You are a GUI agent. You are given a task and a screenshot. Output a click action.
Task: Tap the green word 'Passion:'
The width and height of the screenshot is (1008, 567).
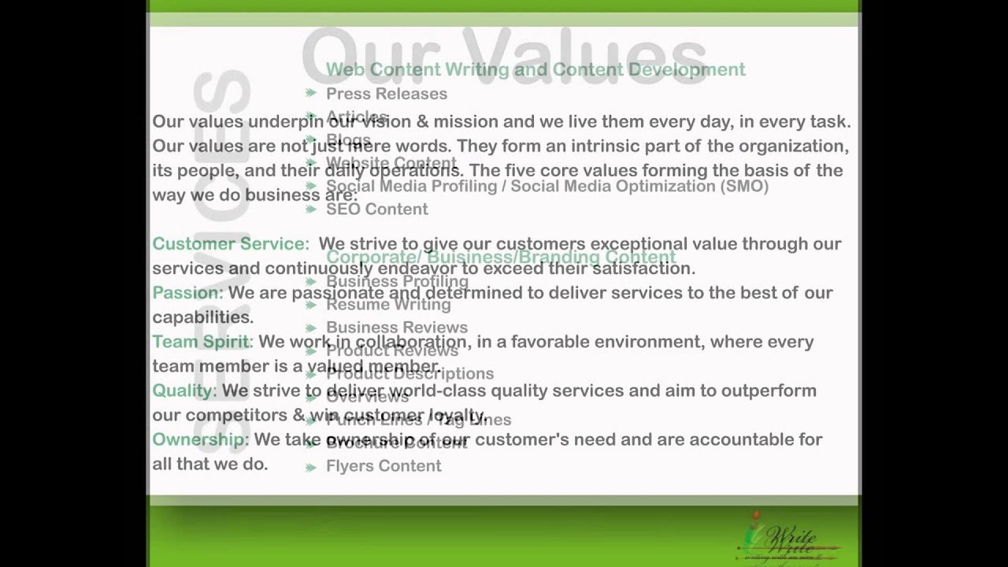point(187,293)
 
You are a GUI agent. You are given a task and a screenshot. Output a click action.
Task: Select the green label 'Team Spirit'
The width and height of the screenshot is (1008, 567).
point(200,342)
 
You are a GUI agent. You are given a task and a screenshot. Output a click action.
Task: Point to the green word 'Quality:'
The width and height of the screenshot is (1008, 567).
point(183,391)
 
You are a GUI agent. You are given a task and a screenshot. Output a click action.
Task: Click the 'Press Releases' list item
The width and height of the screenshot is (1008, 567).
point(386,94)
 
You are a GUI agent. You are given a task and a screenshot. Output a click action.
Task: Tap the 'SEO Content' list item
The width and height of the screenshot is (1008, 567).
point(376,209)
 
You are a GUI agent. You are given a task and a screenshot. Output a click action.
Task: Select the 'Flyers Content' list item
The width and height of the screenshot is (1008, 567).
point(383,465)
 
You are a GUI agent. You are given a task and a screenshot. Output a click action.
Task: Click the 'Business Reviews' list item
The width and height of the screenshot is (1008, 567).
point(396,327)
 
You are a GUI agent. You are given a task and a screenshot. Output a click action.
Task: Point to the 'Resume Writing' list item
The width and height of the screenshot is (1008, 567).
point(388,304)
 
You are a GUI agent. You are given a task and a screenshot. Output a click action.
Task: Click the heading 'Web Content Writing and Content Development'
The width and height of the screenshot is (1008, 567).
point(535,69)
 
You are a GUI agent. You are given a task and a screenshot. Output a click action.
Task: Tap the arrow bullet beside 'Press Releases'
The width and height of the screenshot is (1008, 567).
point(311,94)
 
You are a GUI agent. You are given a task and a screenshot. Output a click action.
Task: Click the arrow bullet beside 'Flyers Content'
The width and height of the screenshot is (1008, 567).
point(311,466)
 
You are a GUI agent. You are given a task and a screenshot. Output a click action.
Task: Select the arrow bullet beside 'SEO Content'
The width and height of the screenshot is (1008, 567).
point(311,209)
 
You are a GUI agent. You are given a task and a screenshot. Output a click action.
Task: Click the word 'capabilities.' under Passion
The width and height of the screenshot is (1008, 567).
point(202,317)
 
